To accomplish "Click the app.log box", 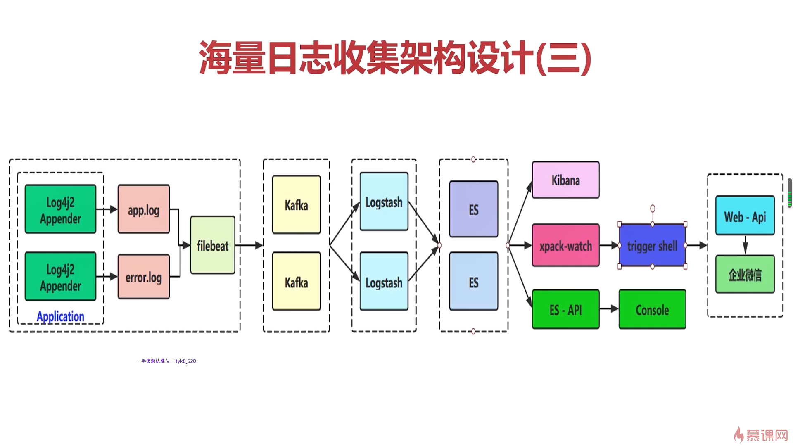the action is pos(144,209).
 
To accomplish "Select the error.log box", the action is pos(144,276).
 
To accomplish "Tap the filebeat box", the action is pos(213,245).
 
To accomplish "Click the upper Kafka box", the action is pos(297,204).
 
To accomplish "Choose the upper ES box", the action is pos(474,209).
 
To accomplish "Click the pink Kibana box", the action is pos(566,180).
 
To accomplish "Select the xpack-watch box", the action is pos(566,245).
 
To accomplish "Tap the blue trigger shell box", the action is pos(653,245).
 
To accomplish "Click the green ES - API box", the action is pos(566,309).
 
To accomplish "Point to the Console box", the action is pos(653,309).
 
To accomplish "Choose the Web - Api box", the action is pos(745,216).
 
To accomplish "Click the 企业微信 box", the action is pos(745,274).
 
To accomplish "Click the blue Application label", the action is pos(60,316).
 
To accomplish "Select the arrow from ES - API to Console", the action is pos(609,309).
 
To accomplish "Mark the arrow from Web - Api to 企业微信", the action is pos(745,245).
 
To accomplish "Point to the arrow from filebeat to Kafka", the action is pos(249,245).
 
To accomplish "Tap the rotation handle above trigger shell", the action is pos(653,209).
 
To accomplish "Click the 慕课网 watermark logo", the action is pos(761,435).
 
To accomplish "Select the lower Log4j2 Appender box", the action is pos(60,276).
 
